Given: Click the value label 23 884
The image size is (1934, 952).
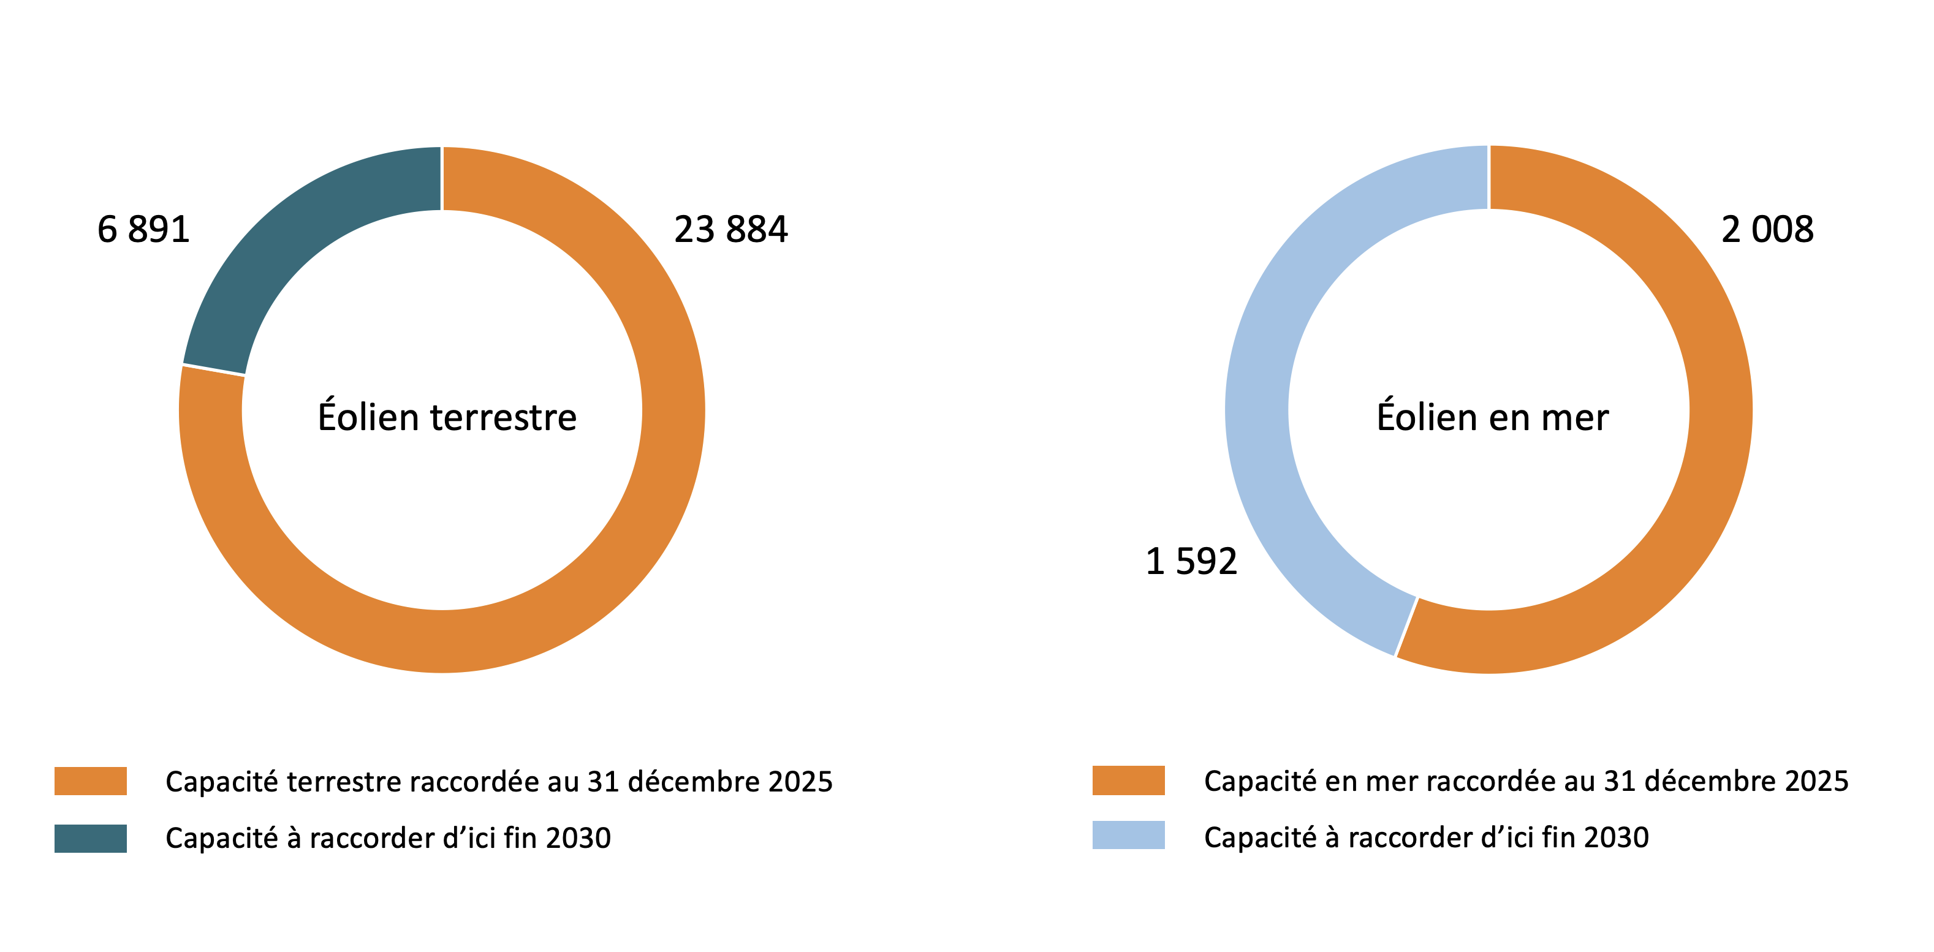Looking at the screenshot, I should [730, 229].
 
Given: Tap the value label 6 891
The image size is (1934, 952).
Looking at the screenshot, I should [143, 229].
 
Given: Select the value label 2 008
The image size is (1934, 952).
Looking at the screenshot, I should [1767, 229].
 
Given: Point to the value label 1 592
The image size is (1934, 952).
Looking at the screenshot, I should [1191, 562].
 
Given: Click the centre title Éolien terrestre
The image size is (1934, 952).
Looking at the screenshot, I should [447, 417].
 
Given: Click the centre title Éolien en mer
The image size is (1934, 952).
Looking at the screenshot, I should [1493, 417].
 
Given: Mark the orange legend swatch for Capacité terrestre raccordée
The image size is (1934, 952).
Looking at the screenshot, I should [91, 781].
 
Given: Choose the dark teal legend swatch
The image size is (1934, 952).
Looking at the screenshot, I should [91, 838].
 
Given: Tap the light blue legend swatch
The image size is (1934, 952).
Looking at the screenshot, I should [1128, 836].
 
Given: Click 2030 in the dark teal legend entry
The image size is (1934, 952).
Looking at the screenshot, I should [578, 839].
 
